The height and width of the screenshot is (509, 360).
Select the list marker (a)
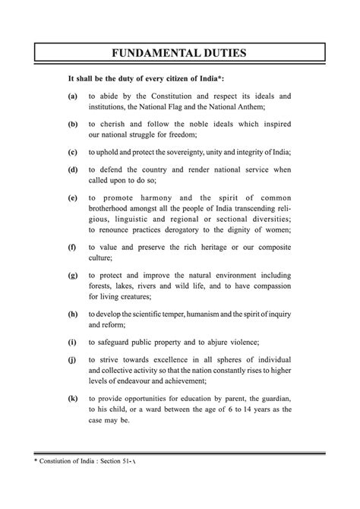72,98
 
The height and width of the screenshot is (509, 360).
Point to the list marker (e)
72,198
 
